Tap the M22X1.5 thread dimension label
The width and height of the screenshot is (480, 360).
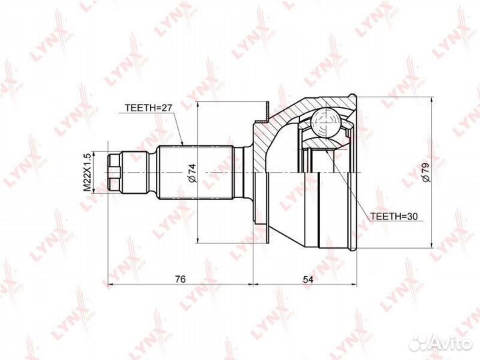(86, 172)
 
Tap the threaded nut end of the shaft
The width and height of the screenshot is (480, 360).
(115, 172)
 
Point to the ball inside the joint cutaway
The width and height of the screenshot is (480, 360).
(325, 123)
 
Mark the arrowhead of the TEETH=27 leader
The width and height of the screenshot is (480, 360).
(183, 145)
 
